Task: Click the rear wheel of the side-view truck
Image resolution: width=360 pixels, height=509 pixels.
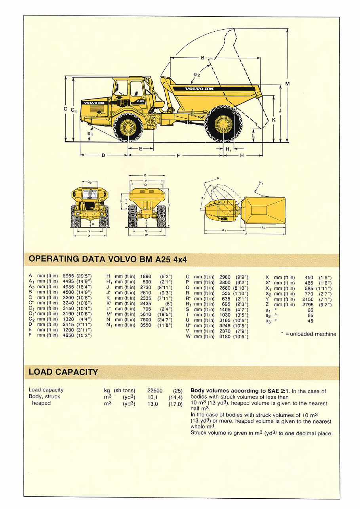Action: click(x=222, y=123)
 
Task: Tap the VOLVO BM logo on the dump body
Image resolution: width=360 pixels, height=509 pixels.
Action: click(x=199, y=89)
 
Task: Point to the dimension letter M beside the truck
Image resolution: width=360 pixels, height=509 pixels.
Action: click(x=288, y=84)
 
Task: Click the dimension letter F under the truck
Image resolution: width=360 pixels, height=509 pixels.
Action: click(x=178, y=156)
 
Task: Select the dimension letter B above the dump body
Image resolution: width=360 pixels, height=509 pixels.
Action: click(x=203, y=58)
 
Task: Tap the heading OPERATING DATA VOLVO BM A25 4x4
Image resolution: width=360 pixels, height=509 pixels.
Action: click(x=108, y=260)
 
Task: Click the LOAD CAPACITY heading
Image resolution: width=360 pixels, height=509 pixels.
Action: click(x=63, y=372)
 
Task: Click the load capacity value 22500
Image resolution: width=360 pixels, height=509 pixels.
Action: click(x=155, y=390)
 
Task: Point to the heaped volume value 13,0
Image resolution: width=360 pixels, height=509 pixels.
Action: click(x=152, y=403)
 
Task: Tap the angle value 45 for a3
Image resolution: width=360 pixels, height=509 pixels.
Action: click(x=310, y=321)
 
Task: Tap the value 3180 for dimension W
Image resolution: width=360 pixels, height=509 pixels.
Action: click(x=225, y=336)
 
